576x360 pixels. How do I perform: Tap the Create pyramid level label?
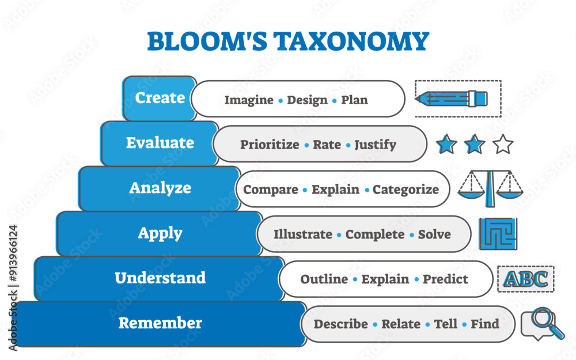coord(160,98)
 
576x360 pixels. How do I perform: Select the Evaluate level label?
coord(160,143)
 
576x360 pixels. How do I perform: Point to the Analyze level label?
coord(160,188)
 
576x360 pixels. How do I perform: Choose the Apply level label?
coord(160,233)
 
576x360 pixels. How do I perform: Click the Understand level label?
coord(160,278)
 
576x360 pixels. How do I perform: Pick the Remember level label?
coord(160,323)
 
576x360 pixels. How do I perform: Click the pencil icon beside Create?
coord(453,98)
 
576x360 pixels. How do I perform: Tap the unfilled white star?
coord(503,144)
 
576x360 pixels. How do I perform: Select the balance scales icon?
coord(491,188)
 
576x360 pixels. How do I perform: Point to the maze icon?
coord(498,234)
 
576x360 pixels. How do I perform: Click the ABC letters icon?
coord(525,279)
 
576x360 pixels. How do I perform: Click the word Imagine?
coord(249,100)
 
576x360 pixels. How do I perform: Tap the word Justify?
coord(375,145)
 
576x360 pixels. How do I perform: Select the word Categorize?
coord(406,190)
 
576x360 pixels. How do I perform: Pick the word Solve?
coord(434,234)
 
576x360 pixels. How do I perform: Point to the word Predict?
coord(445,279)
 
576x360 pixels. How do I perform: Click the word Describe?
coord(340,324)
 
